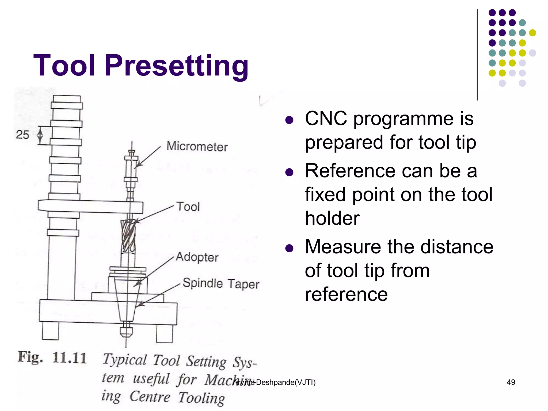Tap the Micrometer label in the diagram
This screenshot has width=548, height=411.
click(x=197, y=146)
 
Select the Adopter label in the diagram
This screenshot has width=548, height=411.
click(x=197, y=257)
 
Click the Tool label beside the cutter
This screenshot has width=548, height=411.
click(x=188, y=207)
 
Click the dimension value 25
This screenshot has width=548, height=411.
click(x=22, y=135)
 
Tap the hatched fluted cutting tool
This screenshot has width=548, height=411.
click(x=128, y=235)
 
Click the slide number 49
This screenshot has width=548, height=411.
click(x=511, y=382)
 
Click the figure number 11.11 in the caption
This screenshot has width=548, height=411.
click(x=70, y=358)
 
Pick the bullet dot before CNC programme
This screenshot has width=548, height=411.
click(x=289, y=120)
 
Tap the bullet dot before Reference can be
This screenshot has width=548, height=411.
click(x=289, y=172)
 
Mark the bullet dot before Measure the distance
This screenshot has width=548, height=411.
click(x=289, y=248)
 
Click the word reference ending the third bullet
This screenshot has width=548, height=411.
click(x=346, y=294)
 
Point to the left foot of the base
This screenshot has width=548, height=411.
click(x=50, y=331)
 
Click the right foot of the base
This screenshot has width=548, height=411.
click(x=165, y=333)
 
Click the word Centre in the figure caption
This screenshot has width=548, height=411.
click(x=150, y=397)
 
